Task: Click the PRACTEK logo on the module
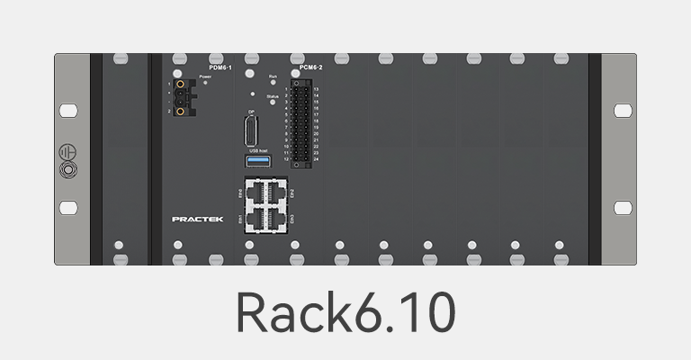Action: pyautogui.click(x=191, y=219)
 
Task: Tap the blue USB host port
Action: pyautogui.click(x=258, y=160)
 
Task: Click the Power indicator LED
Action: pyautogui.click(x=205, y=83)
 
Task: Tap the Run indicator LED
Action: pyautogui.click(x=274, y=84)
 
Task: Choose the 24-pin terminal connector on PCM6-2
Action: pyautogui.click(x=301, y=121)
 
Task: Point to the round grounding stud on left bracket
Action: pyautogui.click(x=67, y=168)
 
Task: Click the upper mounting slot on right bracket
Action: pyautogui.click(x=623, y=110)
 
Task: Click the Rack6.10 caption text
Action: pyautogui.click(x=345, y=311)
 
